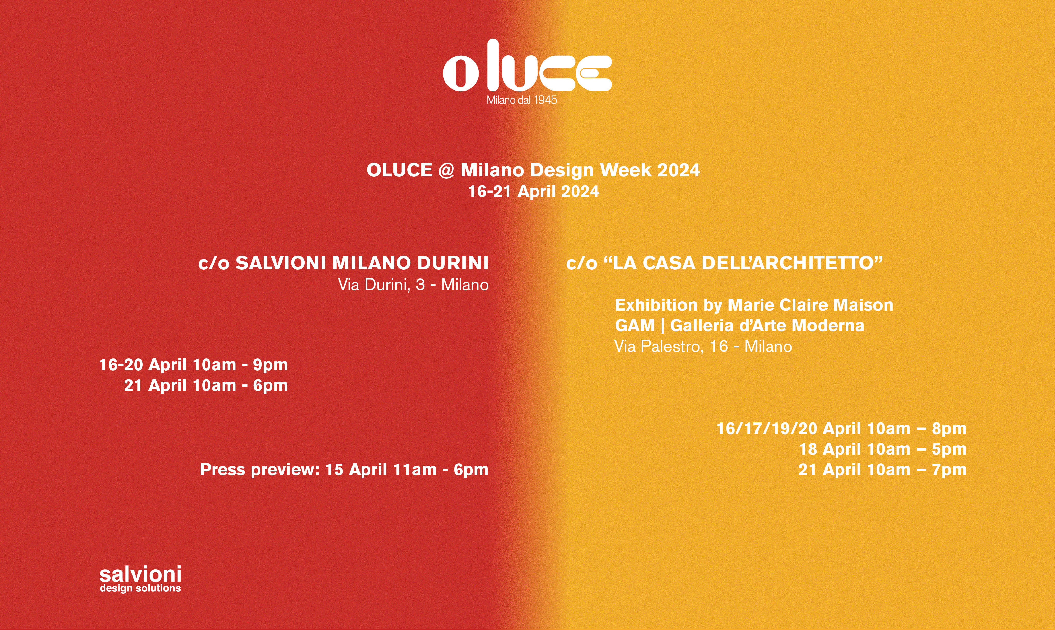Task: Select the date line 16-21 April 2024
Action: tap(533, 192)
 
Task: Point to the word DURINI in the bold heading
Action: tap(453, 263)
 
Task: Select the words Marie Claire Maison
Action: tap(810, 305)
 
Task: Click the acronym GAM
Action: tap(635, 326)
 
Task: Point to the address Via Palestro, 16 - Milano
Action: tap(703, 346)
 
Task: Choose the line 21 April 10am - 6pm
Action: tap(206, 385)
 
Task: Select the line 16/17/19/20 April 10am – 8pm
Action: tap(841, 428)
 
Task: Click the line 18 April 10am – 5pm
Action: tap(883, 449)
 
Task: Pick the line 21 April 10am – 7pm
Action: tap(882, 470)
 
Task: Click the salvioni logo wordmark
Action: tap(140, 574)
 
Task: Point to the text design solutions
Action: tap(140, 588)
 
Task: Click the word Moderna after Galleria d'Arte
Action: tap(828, 326)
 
